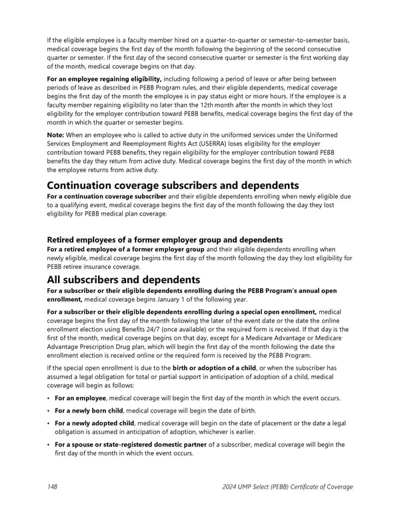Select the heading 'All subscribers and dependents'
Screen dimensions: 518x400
[x=123, y=280]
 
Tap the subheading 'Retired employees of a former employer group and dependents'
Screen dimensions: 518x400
[x=165, y=240]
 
